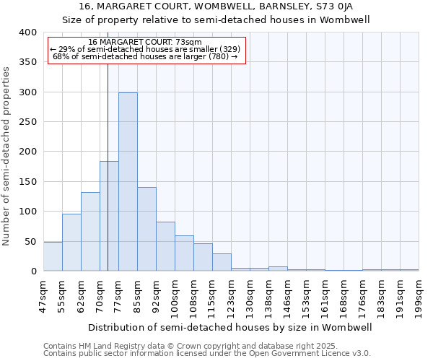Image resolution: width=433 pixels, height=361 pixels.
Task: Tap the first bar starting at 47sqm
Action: (53, 256)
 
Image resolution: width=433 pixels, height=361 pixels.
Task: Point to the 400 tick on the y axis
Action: (27, 32)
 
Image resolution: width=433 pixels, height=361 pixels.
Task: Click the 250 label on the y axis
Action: (27, 122)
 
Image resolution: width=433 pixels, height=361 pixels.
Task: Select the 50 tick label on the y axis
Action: (30, 242)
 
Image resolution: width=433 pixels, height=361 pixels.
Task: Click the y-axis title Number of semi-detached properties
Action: (7, 155)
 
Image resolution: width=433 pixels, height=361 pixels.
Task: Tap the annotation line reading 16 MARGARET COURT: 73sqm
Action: (145, 43)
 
